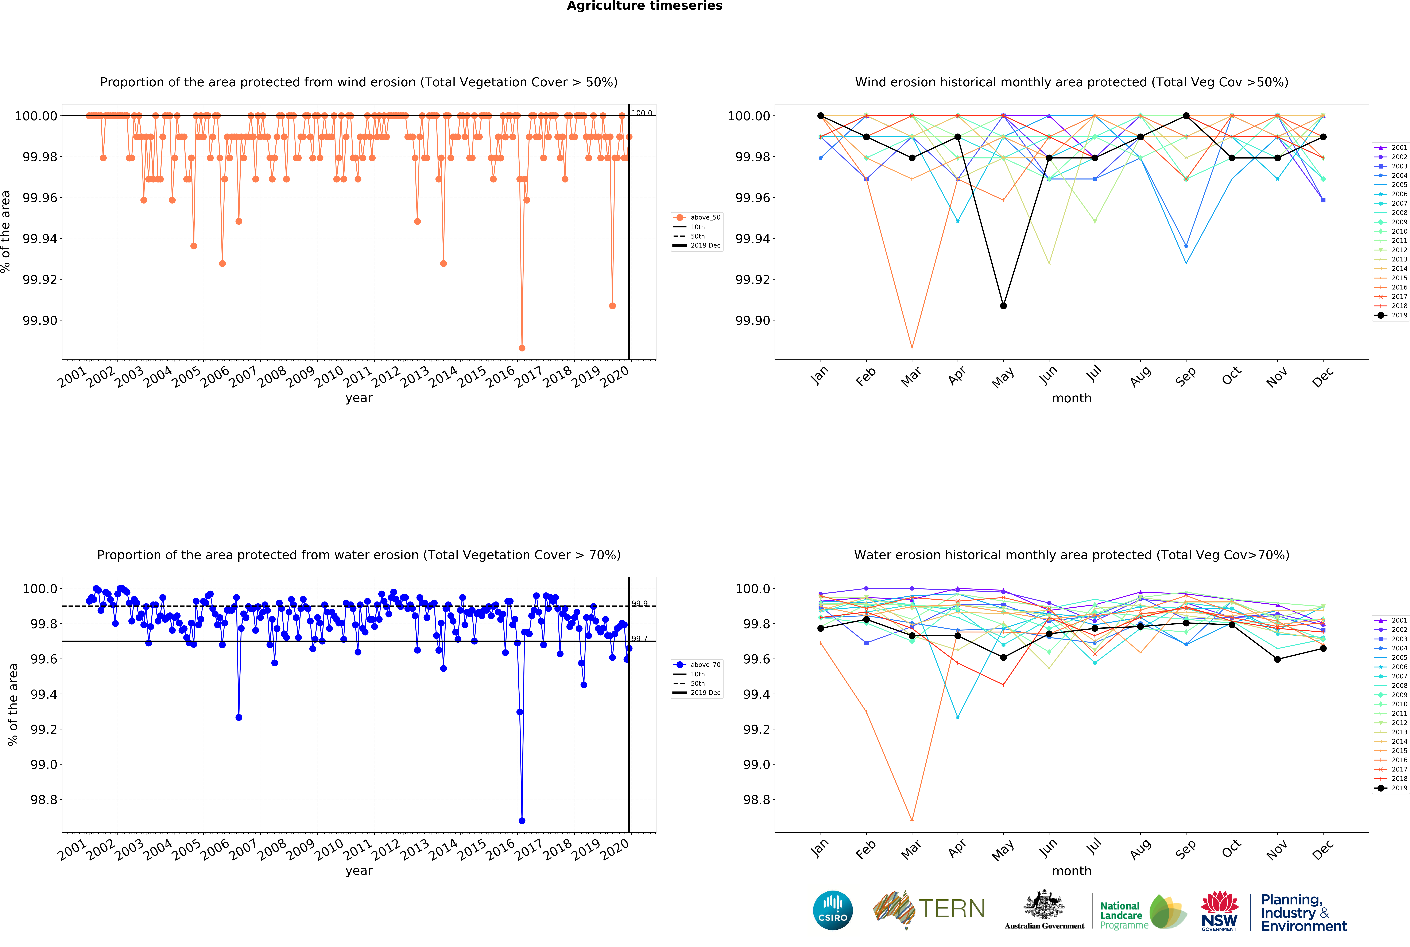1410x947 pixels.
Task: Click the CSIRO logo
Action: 833,910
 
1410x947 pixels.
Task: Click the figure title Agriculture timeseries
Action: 644,6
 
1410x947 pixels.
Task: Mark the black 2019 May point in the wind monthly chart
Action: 1003,306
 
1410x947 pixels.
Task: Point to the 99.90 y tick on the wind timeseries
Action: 40,321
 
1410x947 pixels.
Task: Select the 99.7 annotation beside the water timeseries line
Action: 639,638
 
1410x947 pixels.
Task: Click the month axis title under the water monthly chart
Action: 1072,871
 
